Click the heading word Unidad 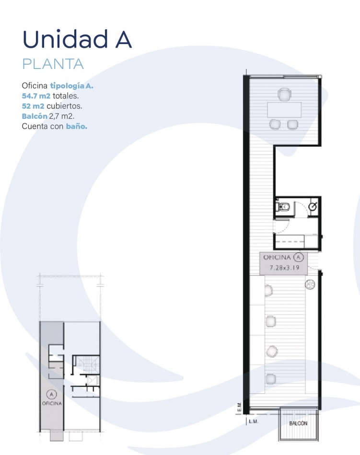point(65,39)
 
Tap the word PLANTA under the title point(53,64)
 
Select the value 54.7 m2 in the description point(36,95)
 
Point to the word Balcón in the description point(35,116)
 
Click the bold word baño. point(77,126)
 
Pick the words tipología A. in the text point(72,86)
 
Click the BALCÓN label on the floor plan point(298,423)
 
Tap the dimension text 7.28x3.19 point(284,268)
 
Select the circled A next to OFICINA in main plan point(299,257)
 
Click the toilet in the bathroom point(282,206)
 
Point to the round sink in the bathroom point(313,206)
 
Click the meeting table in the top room point(284,110)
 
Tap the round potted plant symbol point(310,284)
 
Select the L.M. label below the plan point(254,421)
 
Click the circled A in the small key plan point(52,394)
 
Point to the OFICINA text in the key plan point(52,403)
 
